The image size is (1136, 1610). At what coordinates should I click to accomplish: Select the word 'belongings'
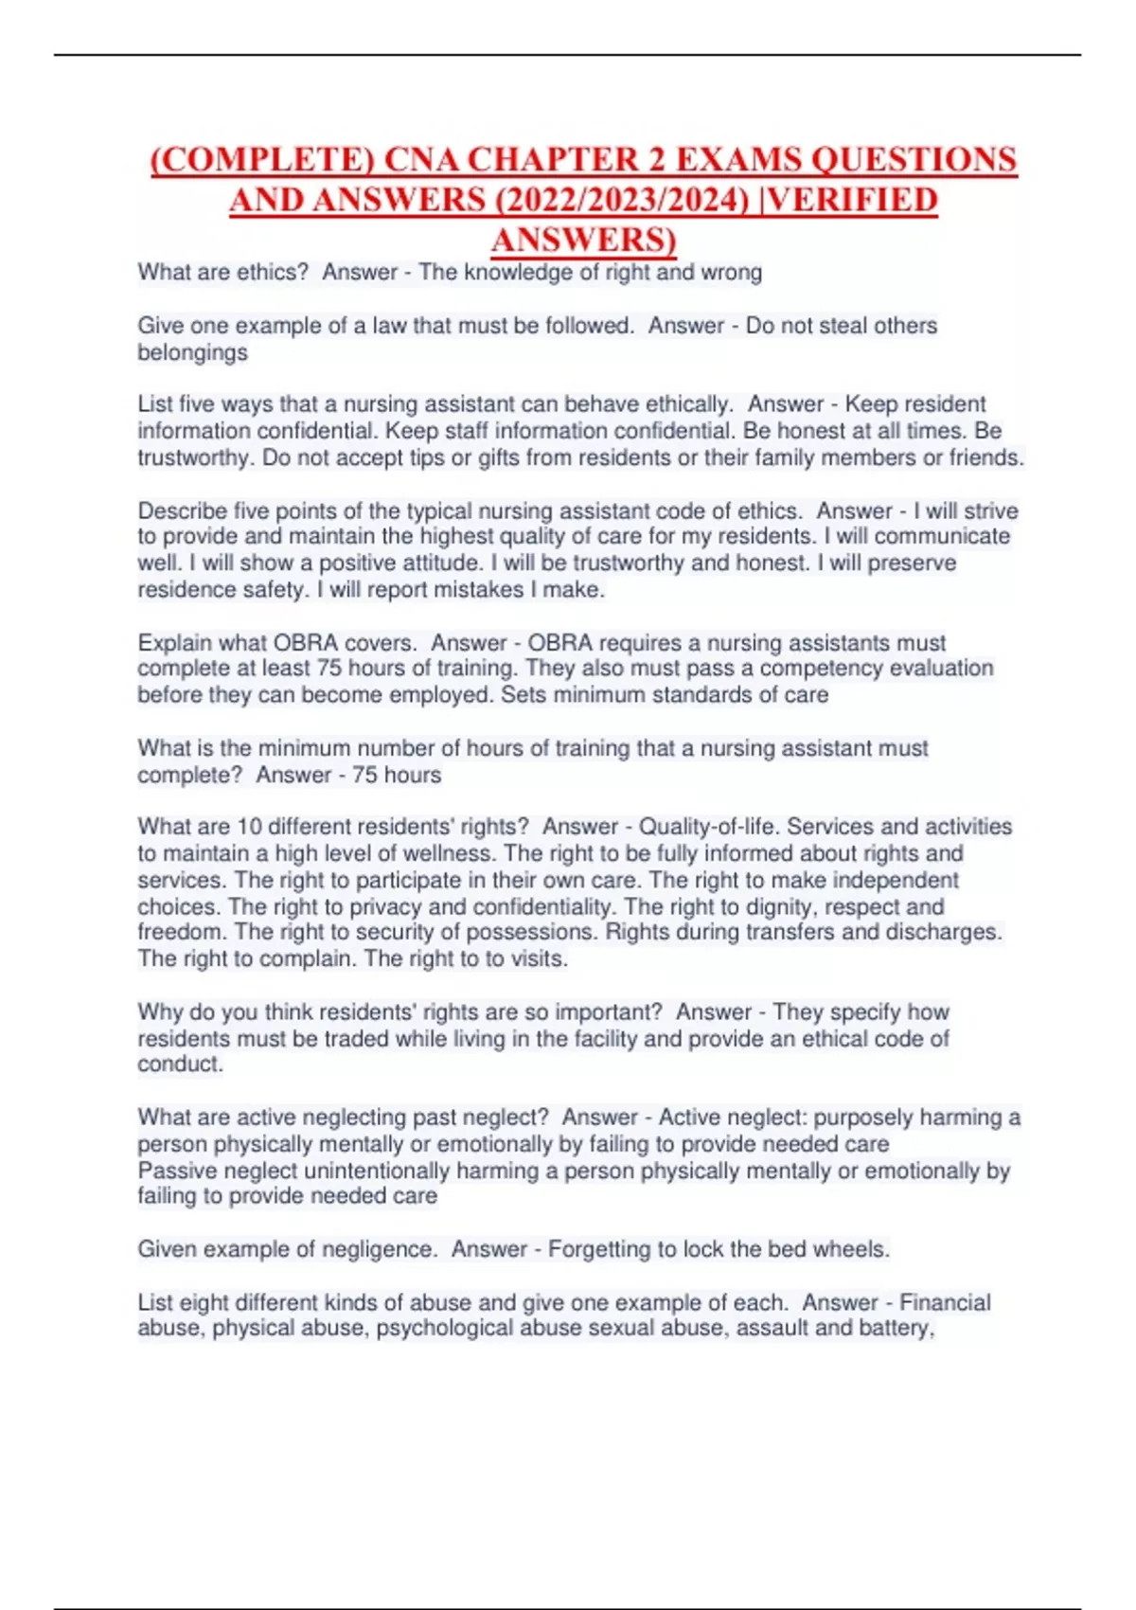(192, 352)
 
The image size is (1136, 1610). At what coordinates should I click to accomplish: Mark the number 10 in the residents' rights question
(249, 827)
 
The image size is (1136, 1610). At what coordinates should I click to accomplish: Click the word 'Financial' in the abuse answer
(944, 1302)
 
